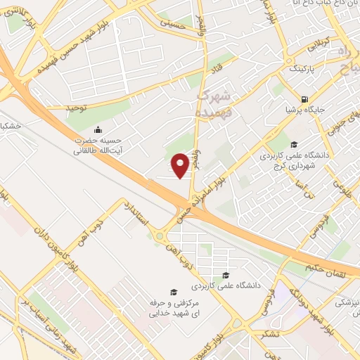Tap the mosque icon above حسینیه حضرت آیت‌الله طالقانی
(x=98, y=129)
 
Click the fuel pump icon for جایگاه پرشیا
(x=304, y=100)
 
